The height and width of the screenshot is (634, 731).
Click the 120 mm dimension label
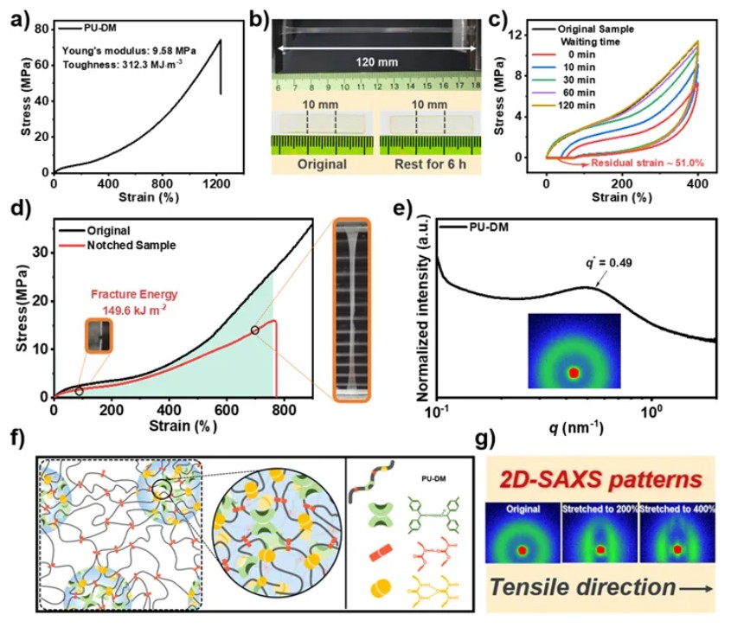(x=374, y=62)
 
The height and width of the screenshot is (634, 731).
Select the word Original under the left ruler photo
(x=321, y=163)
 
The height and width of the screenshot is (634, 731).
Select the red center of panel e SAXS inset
(x=573, y=373)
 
